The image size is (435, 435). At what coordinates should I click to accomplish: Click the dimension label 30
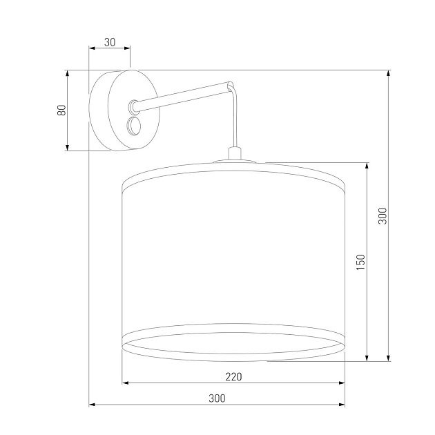[109, 41]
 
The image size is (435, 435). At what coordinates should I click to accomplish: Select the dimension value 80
[61, 110]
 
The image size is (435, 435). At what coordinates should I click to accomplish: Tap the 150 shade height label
[359, 262]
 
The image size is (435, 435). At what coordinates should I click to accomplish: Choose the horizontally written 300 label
[217, 398]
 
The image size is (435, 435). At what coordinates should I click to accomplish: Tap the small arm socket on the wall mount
[131, 106]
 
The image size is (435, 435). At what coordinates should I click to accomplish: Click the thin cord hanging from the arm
[236, 117]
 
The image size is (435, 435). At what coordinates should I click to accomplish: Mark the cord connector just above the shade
[235, 153]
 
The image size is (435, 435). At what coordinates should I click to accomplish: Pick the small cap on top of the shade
[235, 162]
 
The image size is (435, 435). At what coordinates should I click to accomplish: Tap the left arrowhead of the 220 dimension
[125, 383]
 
